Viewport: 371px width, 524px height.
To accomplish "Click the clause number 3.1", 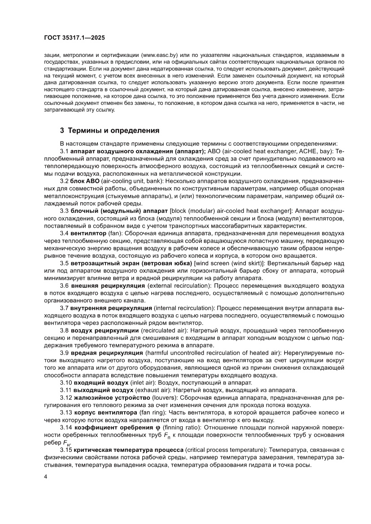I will [x=65, y=152].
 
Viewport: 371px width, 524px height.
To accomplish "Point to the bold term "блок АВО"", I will [x=85, y=181].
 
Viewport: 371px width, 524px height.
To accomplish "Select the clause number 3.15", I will [x=66, y=450].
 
